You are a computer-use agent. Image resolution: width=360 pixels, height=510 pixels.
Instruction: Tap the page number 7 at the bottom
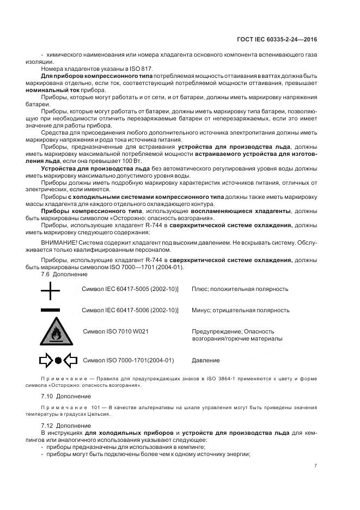(x=315, y=465)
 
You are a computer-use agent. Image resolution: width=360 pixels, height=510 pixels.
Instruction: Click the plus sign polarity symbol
(x=50, y=293)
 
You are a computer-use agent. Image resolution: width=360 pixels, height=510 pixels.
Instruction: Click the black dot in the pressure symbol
(x=59, y=360)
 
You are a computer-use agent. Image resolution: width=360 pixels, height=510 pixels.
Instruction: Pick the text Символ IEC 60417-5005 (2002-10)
(x=130, y=289)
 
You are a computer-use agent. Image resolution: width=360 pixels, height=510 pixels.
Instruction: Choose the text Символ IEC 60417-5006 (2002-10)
(x=130, y=310)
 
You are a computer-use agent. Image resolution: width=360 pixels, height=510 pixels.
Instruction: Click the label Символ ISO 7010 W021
(x=116, y=331)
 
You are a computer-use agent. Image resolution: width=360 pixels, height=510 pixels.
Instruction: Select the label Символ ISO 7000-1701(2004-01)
(x=129, y=360)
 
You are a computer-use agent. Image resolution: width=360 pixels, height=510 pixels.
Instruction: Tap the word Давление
(x=206, y=360)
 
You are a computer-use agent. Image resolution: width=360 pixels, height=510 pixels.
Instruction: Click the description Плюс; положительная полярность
(x=240, y=289)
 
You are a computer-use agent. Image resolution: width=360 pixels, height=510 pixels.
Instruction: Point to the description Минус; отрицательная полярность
(x=240, y=310)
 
